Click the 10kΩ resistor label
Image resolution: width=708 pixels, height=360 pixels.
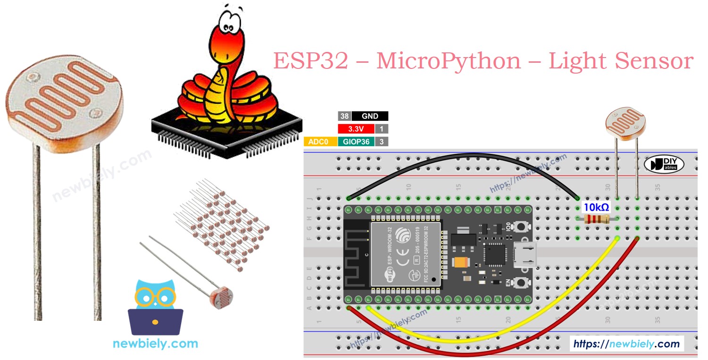[x=596, y=207]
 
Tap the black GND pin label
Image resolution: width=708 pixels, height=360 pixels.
[x=369, y=116]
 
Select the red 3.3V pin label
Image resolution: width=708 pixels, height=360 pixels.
[x=356, y=129]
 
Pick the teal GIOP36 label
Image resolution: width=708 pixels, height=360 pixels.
[x=356, y=142]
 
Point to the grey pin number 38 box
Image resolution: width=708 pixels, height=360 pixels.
[x=344, y=116]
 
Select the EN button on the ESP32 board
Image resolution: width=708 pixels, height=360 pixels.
[x=521, y=283]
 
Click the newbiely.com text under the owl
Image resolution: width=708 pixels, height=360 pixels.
[x=155, y=343]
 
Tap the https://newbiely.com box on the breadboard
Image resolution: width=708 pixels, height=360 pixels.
[x=626, y=344]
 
